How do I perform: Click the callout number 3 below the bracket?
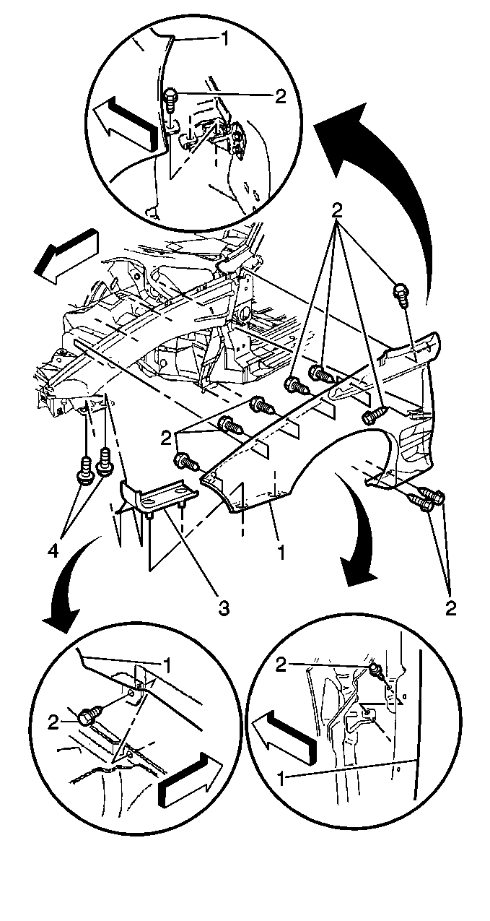pyautogui.click(x=224, y=607)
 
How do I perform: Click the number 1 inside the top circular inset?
pyautogui.click(x=226, y=38)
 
